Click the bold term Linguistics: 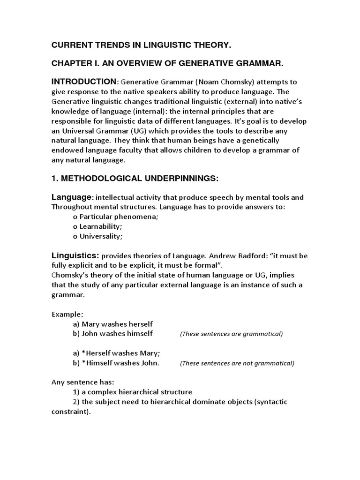[75, 255]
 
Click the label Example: [67, 314]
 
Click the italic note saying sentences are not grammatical [237, 363]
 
